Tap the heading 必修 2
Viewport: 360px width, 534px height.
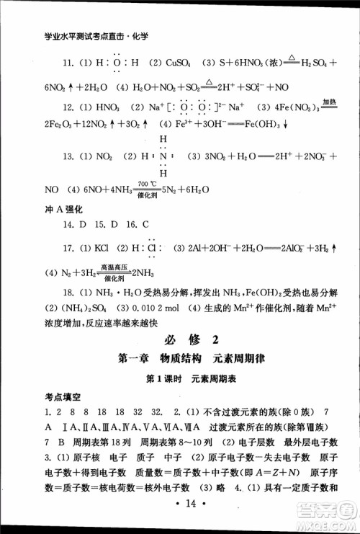[x=179, y=339]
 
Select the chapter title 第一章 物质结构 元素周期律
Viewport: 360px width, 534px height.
[x=179, y=360]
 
